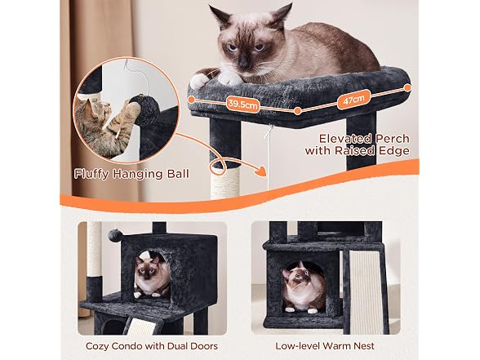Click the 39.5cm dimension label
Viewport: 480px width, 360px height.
pyautogui.click(x=242, y=104)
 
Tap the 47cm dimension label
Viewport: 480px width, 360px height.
pyautogui.click(x=353, y=100)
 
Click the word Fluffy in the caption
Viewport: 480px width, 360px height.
pyautogui.click(x=91, y=174)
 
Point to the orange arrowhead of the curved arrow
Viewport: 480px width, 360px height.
pyautogui.click(x=260, y=171)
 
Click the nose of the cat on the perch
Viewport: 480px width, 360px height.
pyautogui.click(x=243, y=64)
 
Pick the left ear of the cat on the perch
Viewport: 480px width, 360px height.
pyautogui.click(x=221, y=17)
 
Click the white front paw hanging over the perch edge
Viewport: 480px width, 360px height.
pyautogui.click(x=199, y=81)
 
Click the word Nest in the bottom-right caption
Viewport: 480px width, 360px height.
pyautogui.click(x=364, y=346)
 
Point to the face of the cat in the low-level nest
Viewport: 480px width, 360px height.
pyautogui.click(x=299, y=277)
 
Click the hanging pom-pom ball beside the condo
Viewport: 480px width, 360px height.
pyautogui.click(x=115, y=236)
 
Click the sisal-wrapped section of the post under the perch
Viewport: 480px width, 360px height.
pyautogui.click(x=225, y=181)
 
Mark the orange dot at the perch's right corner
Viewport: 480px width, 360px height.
pyautogui.click(x=407, y=88)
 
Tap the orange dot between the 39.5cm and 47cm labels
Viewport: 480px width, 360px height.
pyautogui.click(x=297, y=111)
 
